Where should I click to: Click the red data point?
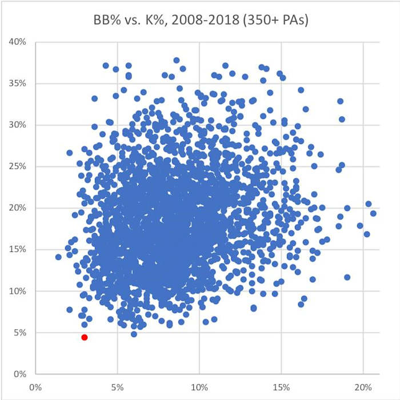tap(85, 337)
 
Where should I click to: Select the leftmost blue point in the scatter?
tap(58, 257)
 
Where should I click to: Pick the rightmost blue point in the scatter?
tap(373, 213)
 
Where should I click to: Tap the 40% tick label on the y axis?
tap(17, 42)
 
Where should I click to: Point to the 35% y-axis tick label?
tap(17, 83)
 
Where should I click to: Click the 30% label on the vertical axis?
tap(17, 125)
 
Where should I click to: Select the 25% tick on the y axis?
tap(17, 166)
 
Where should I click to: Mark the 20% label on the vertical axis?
tap(17, 208)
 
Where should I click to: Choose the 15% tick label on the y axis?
tap(17, 249)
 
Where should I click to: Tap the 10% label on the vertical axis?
tap(17, 291)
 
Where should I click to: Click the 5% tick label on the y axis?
tap(19, 333)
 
